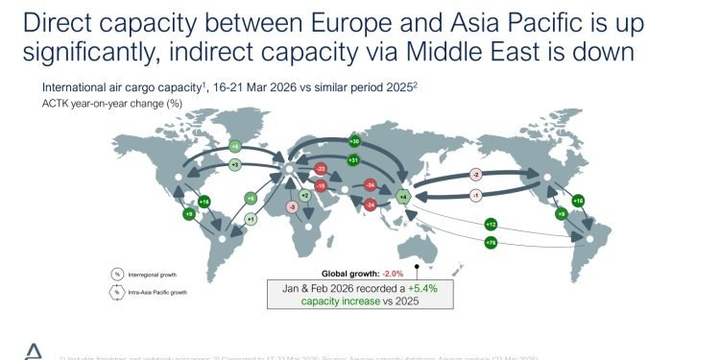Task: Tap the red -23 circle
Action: [322, 170]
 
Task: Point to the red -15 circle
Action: [322, 185]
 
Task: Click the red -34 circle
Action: [370, 185]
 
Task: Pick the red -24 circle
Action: [370, 204]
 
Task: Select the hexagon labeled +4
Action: [404, 196]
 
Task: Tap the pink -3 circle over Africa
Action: [292, 205]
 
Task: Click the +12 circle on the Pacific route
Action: [490, 224]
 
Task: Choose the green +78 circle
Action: [492, 244]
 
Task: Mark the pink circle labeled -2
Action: [474, 175]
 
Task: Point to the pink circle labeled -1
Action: [475, 195]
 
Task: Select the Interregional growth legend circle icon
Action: [117, 274]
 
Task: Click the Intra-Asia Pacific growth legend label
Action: [158, 289]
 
